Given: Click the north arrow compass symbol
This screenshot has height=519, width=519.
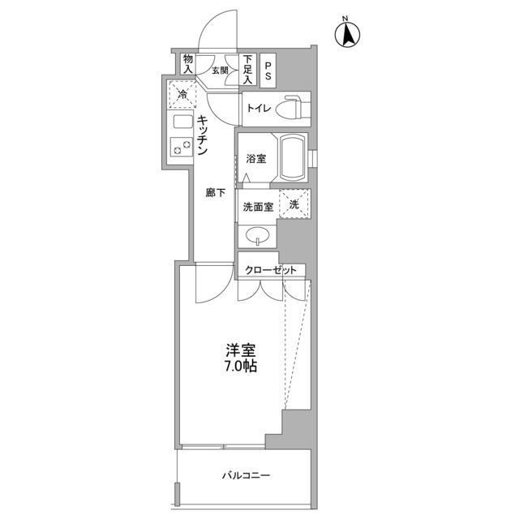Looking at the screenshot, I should [348, 33].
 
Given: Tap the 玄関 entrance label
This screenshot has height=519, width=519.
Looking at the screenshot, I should [221, 71].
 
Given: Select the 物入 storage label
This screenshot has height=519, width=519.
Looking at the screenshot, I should [188, 64].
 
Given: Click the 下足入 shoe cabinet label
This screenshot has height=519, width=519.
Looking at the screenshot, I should [248, 65].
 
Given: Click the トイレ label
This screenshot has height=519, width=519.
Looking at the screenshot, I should [259, 108].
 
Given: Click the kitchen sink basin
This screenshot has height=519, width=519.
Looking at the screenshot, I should [181, 124].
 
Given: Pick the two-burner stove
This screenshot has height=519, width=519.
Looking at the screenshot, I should [181, 148].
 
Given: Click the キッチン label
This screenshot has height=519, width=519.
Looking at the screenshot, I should [203, 135].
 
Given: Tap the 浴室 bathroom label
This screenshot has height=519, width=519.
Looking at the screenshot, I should [255, 159].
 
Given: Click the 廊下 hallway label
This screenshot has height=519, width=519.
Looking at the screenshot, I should [214, 193].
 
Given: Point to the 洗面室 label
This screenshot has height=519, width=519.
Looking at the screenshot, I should [257, 206].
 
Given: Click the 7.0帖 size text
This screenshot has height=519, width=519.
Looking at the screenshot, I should [241, 367].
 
